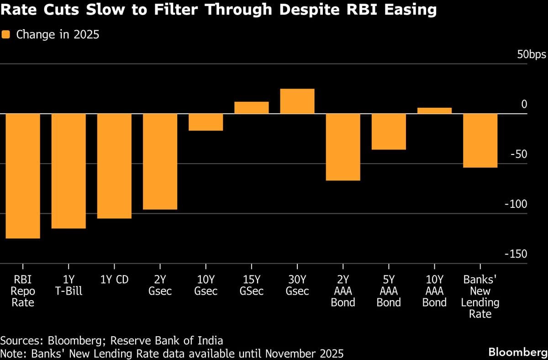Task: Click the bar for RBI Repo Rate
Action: click(x=23, y=176)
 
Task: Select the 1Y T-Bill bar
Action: click(x=68, y=171)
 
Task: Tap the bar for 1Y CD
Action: click(x=114, y=166)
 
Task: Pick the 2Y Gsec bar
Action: click(x=160, y=161)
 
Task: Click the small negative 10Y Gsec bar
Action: click(x=205, y=122)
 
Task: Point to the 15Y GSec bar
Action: click(x=251, y=107)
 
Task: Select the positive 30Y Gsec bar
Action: click(x=297, y=101)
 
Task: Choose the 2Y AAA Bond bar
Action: click(x=342, y=147)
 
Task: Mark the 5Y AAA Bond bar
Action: click(x=388, y=132)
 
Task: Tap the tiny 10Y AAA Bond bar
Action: click(x=434, y=111)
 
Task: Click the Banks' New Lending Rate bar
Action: click(x=480, y=140)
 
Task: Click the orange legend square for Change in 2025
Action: click(x=5, y=34)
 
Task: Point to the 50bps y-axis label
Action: click(x=531, y=55)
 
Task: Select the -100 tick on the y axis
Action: click(x=516, y=204)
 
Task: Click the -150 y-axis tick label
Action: click(x=516, y=254)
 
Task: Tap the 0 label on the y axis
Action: click(x=524, y=105)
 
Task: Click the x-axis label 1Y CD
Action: click(x=114, y=280)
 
